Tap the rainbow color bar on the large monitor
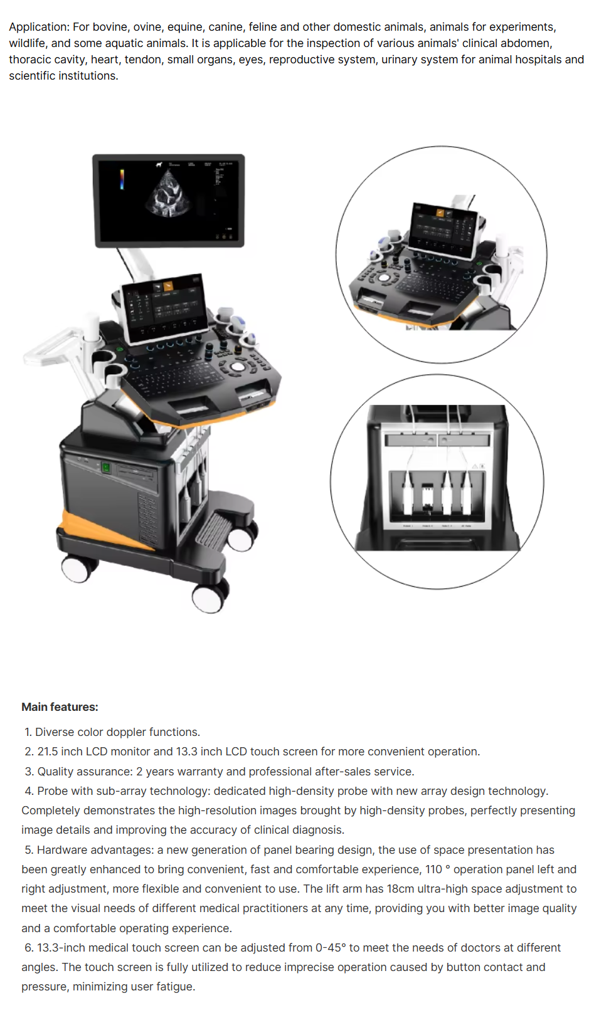122,179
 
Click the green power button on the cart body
106,467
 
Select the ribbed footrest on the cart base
212,531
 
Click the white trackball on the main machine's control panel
237,366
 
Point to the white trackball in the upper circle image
385,277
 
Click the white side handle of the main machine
55,349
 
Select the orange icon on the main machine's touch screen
169,286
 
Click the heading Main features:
60,707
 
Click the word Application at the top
38,27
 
